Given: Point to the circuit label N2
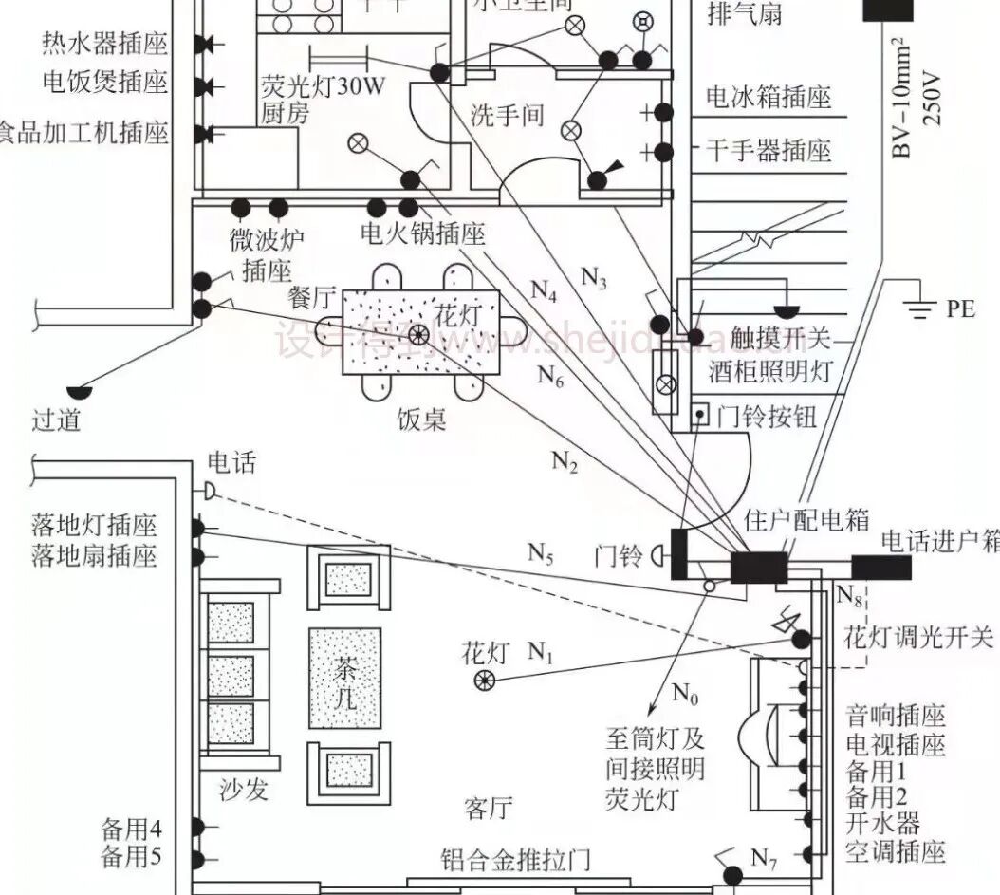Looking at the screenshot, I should click(x=564, y=462).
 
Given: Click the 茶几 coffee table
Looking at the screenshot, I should click(x=344, y=678).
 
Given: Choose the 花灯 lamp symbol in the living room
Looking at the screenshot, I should click(x=485, y=680).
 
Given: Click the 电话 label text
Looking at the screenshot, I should click(x=231, y=463).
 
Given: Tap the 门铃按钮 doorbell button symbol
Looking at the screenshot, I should click(x=700, y=414).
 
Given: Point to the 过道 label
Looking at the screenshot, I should click(x=56, y=419).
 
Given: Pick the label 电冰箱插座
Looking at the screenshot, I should click(x=769, y=97).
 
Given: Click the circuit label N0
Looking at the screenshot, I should click(x=685, y=695).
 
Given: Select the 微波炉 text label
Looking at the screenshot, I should click(x=261, y=237).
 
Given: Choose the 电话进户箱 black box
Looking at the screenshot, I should click(x=880, y=567).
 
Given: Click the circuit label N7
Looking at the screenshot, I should click(x=764, y=860).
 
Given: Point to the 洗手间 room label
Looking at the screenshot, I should click(x=508, y=116).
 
